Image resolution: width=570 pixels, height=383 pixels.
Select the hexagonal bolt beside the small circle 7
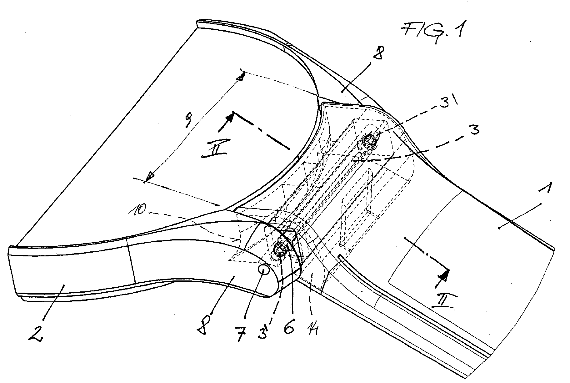click(279, 249)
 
